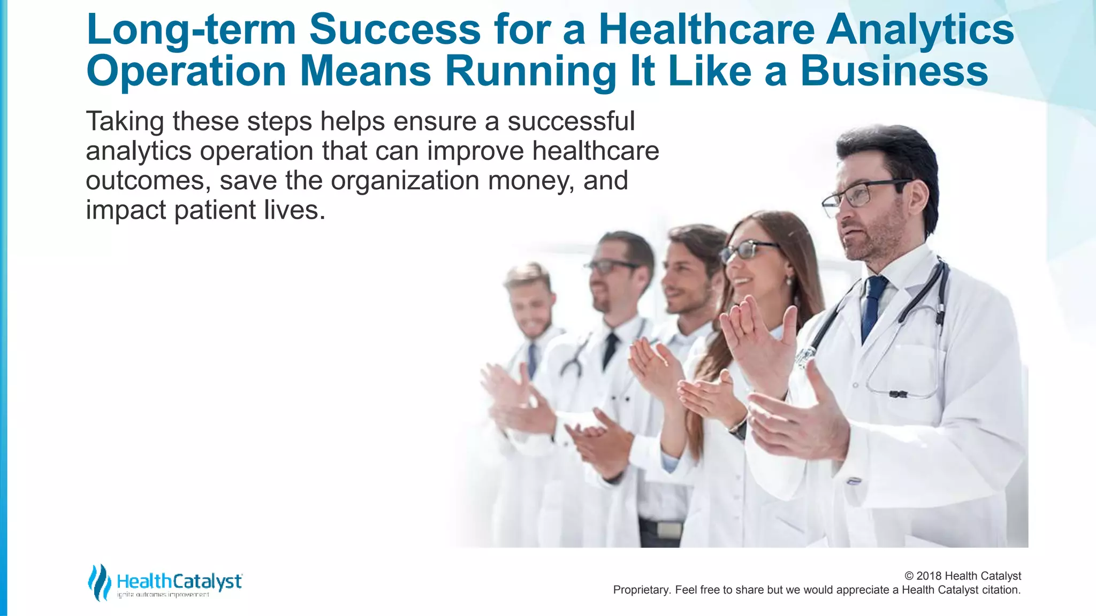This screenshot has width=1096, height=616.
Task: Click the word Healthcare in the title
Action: pyautogui.click(x=706, y=29)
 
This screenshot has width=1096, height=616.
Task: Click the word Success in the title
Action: pyautogui.click(x=395, y=29)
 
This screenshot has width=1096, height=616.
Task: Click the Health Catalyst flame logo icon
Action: pyautogui.click(x=99, y=582)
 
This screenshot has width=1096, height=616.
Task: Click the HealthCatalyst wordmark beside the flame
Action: pyautogui.click(x=179, y=581)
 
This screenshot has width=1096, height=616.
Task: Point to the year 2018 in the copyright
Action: pyautogui.click(x=929, y=576)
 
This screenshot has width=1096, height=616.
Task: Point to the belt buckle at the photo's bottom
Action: pyautogui.click(x=669, y=530)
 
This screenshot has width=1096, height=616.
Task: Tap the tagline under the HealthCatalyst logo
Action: pyautogui.click(x=163, y=595)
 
